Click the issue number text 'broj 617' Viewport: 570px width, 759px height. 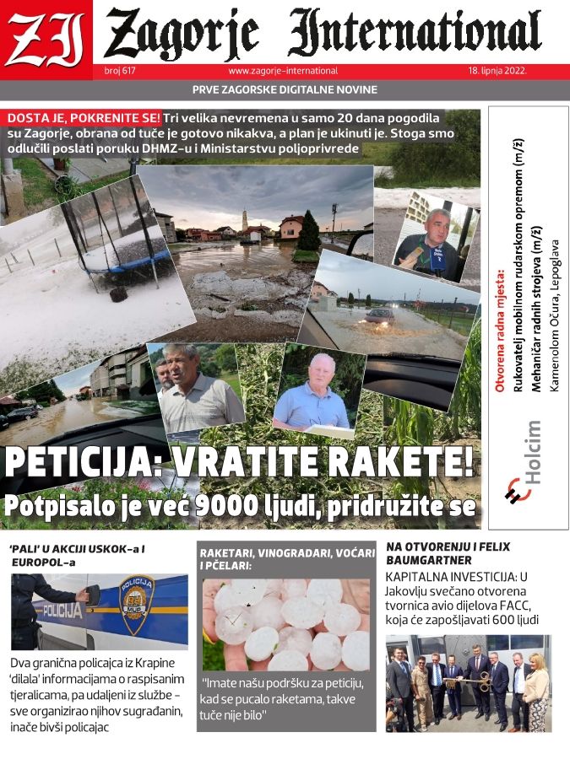point(121,72)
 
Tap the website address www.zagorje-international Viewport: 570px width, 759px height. point(283,72)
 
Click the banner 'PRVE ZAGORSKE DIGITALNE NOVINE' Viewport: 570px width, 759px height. point(285,90)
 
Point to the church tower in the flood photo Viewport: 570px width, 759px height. point(244,219)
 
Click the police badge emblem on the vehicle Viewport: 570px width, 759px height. point(136,605)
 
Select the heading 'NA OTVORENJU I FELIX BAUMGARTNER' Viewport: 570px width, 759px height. point(448,553)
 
